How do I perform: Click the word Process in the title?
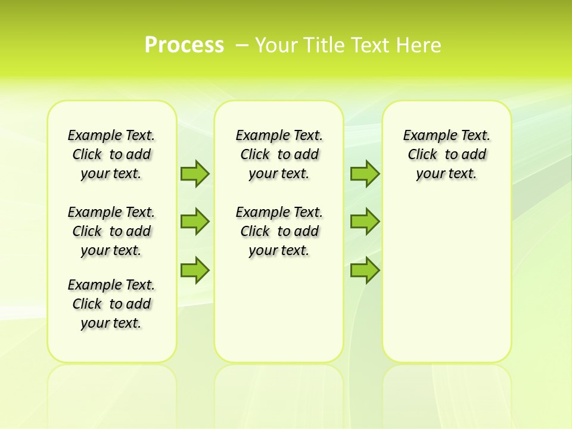click(184, 45)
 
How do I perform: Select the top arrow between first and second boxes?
click(195, 173)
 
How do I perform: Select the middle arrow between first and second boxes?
click(195, 222)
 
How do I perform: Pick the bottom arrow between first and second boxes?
click(195, 271)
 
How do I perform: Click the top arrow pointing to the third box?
click(365, 173)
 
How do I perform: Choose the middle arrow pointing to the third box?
click(365, 222)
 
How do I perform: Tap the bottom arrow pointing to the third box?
click(365, 271)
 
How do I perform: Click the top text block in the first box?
click(111, 154)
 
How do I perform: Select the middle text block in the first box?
click(111, 231)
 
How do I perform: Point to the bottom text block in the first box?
click(111, 304)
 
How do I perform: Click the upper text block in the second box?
click(279, 154)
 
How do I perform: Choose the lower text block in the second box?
click(279, 231)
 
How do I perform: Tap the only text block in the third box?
click(447, 154)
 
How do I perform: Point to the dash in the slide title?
click(242, 45)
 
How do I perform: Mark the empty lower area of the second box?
click(279, 310)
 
